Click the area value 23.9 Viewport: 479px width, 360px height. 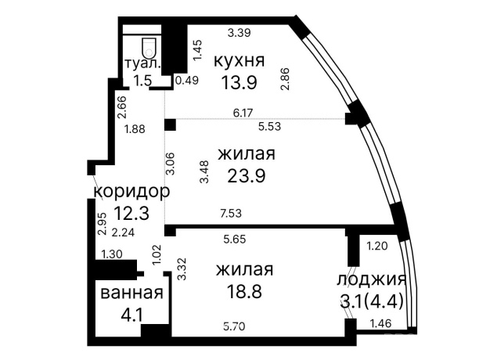(246, 175)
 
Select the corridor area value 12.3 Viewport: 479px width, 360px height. (131, 211)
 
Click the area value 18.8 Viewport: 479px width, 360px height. (245, 291)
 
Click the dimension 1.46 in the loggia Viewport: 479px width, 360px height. (380, 322)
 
